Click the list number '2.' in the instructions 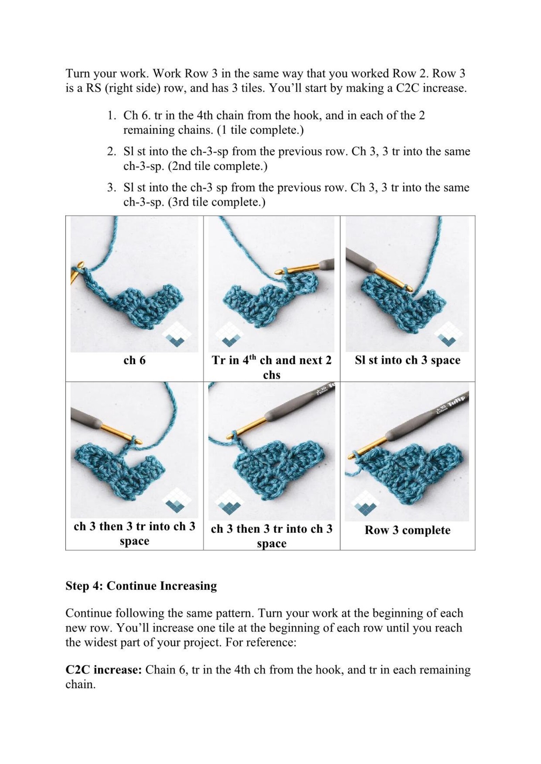coord(112,152)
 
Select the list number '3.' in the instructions coord(112,188)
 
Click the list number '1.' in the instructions coord(112,116)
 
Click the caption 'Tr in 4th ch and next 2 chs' coord(272,367)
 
